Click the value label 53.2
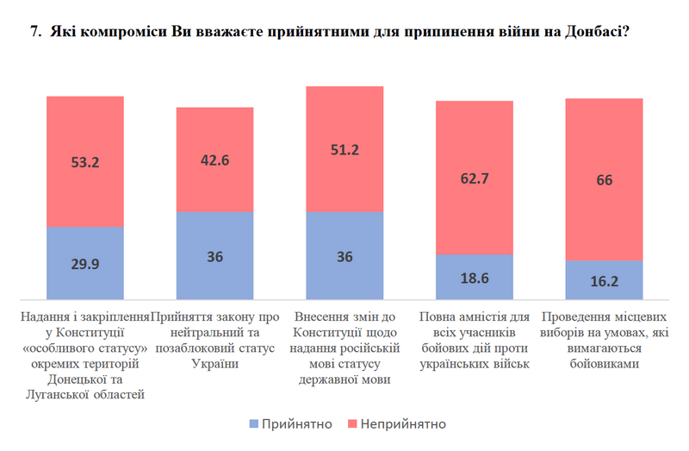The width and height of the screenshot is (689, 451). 84,161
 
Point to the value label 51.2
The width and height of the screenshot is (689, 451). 344,149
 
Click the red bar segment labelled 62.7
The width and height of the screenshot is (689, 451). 475,177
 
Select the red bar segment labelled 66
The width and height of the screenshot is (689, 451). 605,179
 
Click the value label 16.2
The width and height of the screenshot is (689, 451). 605,280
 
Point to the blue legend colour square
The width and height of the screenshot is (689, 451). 252,424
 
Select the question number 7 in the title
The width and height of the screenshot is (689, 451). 34,32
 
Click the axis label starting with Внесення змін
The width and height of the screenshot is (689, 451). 344,348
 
